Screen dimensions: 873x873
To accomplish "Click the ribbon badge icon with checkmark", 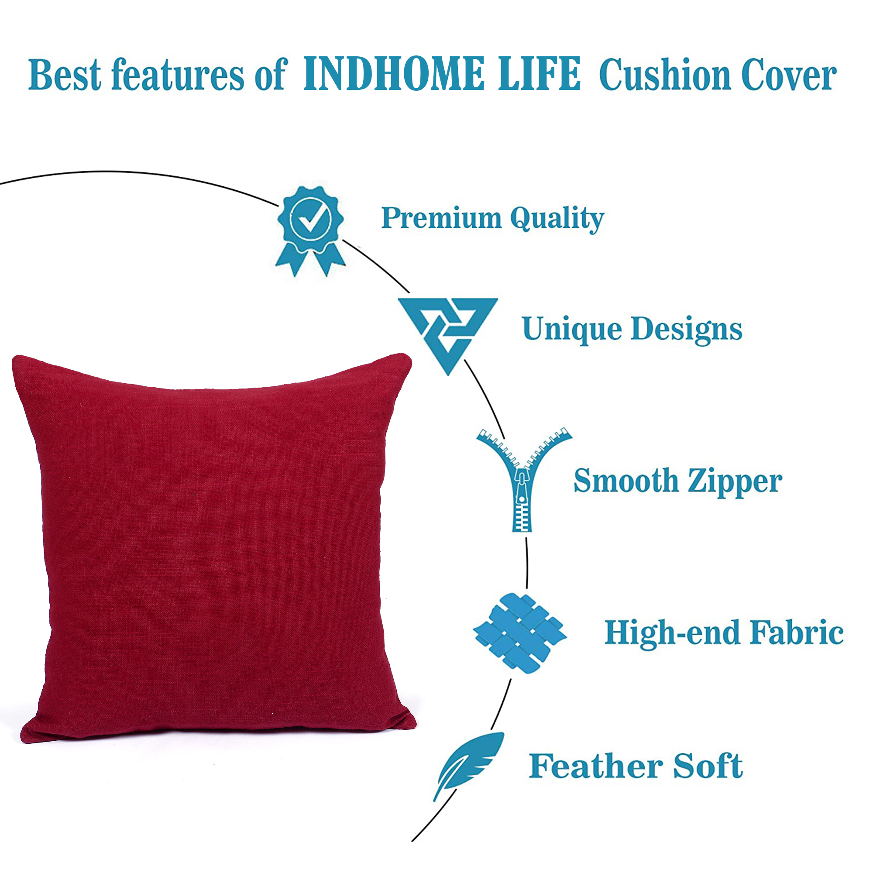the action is (x=311, y=231).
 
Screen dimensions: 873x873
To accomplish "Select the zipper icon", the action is (x=524, y=479).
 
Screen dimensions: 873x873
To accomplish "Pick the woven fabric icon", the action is (x=519, y=633).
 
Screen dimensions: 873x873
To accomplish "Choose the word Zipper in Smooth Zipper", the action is (x=735, y=481).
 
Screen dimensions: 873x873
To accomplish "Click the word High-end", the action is (x=672, y=633).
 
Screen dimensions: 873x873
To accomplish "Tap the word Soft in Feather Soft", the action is (x=708, y=766).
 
